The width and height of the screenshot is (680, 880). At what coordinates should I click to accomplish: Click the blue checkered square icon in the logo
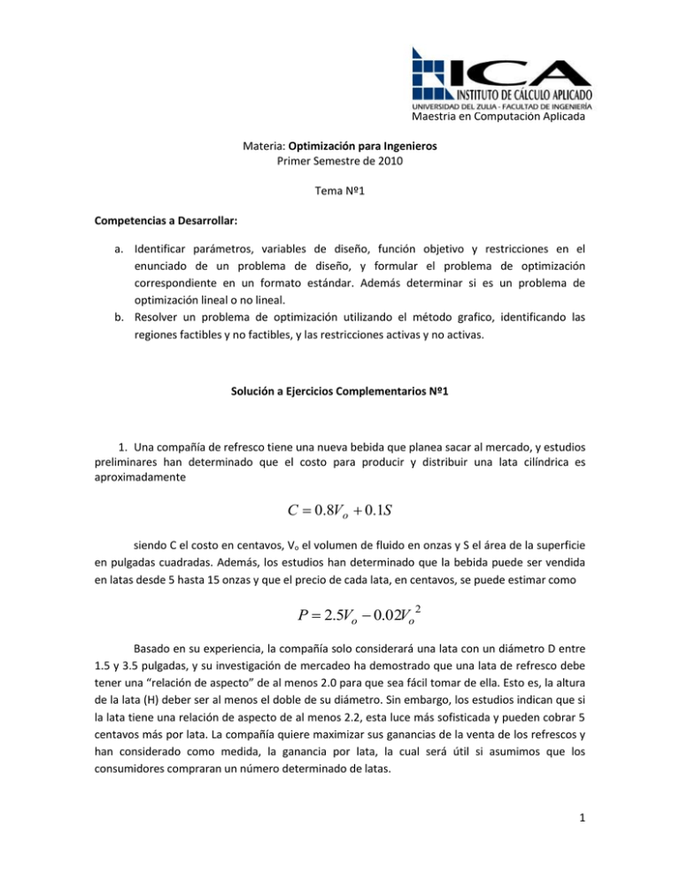pos(434,69)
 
